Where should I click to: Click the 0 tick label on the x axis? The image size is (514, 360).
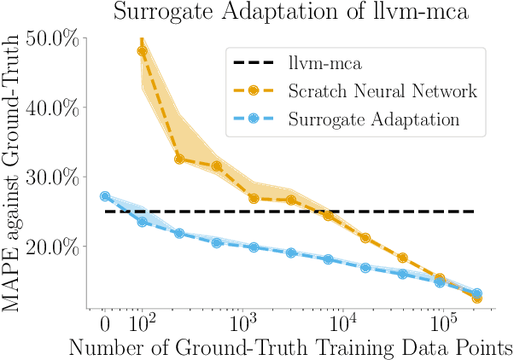coord(104,324)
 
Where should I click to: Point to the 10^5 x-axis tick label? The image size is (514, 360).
coord(443,322)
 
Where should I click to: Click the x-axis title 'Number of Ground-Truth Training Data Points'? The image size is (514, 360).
coord(290,347)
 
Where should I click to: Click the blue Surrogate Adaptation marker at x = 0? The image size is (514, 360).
coord(105,196)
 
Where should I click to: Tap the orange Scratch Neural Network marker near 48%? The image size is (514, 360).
coord(142,51)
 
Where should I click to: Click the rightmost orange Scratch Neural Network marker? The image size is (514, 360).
coord(476,299)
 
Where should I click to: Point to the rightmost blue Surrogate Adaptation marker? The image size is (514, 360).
coord(477,293)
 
